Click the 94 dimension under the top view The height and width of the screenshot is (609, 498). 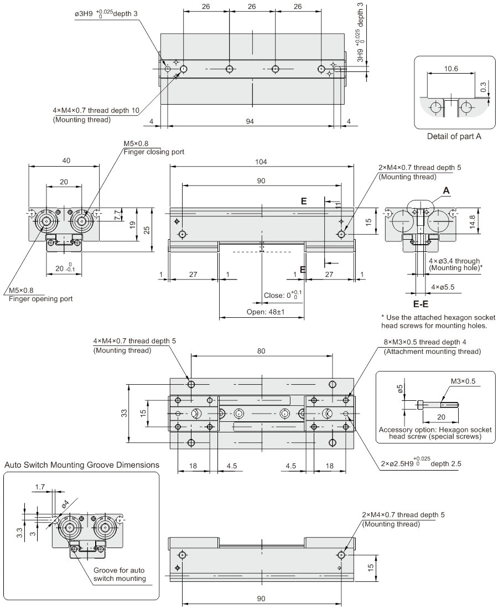click(x=250, y=121)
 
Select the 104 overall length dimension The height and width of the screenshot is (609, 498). click(x=261, y=162)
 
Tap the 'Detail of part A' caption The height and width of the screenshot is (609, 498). click(x=454, y=137)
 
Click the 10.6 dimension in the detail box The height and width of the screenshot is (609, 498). click(x=450, y=69)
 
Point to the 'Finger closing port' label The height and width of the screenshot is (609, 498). click(x=153, y=152)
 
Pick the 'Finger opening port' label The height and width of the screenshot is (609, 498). click(x=40, y=299)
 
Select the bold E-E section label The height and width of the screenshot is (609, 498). click(x=421, y=303)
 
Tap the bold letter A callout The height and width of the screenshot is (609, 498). click(x=445, y=190)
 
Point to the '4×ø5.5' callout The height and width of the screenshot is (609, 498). click(x=443, y=287)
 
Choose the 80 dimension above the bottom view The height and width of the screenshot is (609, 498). click(x=261, y=350)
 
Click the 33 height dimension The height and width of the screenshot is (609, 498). click(x=124, y=412)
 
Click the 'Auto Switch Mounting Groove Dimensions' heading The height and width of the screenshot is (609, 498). click(x=81, y=465)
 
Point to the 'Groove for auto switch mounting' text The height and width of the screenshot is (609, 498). click(x=119, y=575)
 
